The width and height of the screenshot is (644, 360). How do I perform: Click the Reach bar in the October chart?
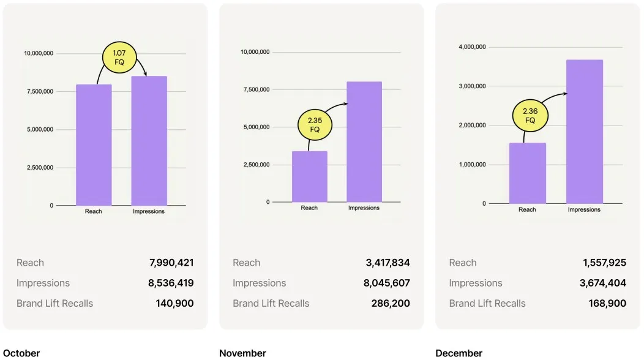click(x=94, y=145)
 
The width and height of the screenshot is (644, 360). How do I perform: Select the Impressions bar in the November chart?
click(x=364, y=142)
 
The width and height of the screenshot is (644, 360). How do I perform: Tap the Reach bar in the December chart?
click(x=527, y=173)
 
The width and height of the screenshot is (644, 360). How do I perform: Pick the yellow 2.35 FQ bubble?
click(x=315, y=125)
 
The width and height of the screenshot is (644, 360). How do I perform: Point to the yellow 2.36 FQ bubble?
click(x=530, y=116)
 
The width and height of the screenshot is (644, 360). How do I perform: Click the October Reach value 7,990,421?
click(x=171, y=263)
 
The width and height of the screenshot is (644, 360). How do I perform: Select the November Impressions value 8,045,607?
click(x=388, y=283)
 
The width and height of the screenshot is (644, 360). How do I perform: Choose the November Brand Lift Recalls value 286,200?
click(x=391, y=303)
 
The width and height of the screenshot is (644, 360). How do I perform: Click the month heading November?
click(x=242, y=353)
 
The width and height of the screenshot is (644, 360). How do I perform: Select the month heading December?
click(x=459, y=353)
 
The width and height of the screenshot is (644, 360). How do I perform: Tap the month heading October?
click(x=21, y=353)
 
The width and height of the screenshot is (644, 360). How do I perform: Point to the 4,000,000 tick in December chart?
click(x=472, y=47)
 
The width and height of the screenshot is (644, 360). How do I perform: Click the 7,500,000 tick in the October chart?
click(x=39, y=91)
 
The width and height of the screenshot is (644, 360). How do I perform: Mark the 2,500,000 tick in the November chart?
click(x=255, y=165)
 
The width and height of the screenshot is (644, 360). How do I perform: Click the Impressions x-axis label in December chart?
click(x=584, y=209)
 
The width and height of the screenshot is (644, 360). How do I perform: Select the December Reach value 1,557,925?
click(x=604, y=263)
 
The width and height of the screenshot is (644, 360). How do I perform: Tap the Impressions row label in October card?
click(x=43, y=283)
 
